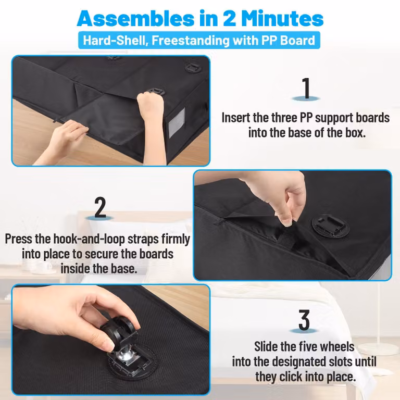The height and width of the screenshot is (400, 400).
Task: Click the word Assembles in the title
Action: (x=136, y=19)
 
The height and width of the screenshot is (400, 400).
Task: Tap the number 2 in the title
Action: (x=230, y=19)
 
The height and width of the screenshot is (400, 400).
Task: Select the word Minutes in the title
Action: (x=282, y=19)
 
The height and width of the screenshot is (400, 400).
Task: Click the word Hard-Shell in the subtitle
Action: (x=116, y=40)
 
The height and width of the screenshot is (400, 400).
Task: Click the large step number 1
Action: (x=306, y=88)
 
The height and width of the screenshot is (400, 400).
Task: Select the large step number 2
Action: (x=100, y=207)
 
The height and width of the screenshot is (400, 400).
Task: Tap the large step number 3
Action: (x=304, y=320)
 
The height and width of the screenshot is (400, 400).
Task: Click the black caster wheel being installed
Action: (x=117, y=330)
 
